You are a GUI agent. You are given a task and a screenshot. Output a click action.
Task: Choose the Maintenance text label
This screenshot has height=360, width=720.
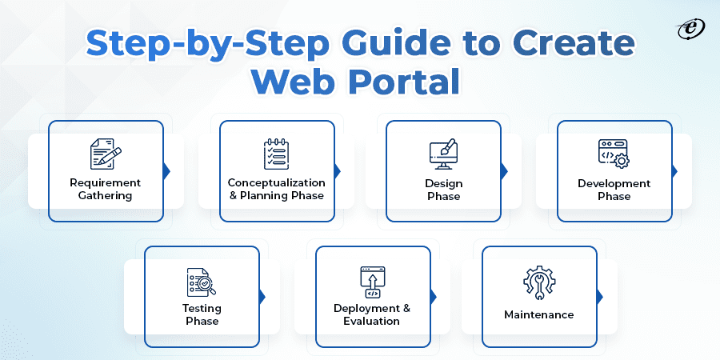(x=538, y=314)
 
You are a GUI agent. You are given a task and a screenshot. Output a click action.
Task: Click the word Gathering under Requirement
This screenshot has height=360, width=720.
(x=106, y=196)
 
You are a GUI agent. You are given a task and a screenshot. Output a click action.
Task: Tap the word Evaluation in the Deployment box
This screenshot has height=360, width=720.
(x=372, y=321)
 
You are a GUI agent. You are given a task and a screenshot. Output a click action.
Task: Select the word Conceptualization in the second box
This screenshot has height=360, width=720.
(x=276, y=183)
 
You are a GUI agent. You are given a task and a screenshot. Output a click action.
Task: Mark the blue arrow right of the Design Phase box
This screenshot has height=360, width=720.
(x=504, y=170)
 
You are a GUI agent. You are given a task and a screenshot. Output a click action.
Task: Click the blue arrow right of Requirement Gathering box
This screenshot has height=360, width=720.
(x=166, y=170)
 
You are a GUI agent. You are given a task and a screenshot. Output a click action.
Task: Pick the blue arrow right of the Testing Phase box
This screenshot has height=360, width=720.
(x=262, y=297)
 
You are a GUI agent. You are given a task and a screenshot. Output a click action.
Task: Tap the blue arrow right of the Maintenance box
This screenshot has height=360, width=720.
(x=600, y=297)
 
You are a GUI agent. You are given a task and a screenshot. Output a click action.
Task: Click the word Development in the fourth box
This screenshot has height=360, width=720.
(x=614, y=183)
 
